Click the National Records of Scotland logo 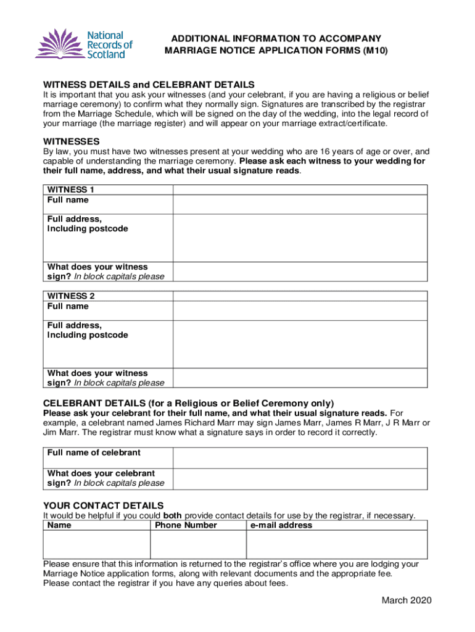[x=83, y=45]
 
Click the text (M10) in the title [x=374, y=51]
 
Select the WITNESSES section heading [x=72, y=141]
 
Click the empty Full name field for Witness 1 [x=300, y=204]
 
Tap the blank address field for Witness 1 [x=300, y=238]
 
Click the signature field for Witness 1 [x=300, y=272]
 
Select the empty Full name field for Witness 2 [x=300, y=310]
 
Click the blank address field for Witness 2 [x=300, y=344]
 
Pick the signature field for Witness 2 [x=300, y=378]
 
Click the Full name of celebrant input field [x=300, y=457]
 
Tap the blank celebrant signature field [x=300, y=478]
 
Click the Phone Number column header [x=186, y=525]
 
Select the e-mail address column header [x=281, y=525]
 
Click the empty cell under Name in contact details [x=96, y=544]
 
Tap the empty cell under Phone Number [x=198, y=544]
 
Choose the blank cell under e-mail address [x=337, y=544]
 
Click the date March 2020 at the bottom [x=406, y=601]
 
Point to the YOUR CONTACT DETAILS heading [x=103, y=505]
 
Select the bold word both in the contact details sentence [x=173, y=516]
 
